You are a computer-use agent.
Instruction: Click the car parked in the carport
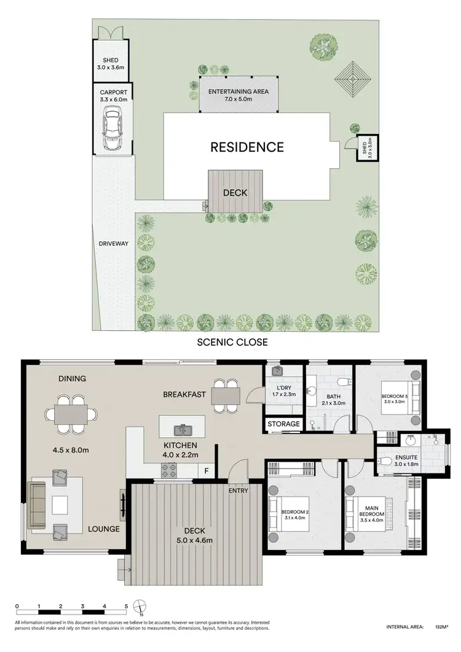112,129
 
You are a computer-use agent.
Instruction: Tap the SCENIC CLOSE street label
232,342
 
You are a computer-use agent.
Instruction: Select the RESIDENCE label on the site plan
247,147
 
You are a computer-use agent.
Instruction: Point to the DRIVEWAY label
114,244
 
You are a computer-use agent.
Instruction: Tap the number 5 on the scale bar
126,607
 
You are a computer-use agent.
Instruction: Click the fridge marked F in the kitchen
206,471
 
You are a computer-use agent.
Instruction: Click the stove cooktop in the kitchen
169,471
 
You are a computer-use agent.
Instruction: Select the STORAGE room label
284,424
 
